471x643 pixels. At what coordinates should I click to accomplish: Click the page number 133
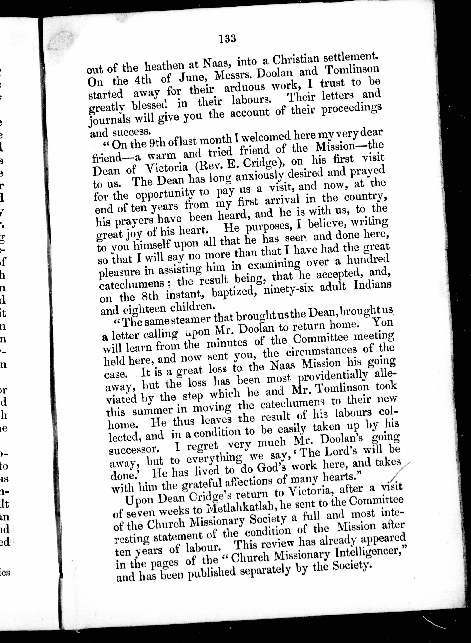pyautogui.click(x=228, y=38)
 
